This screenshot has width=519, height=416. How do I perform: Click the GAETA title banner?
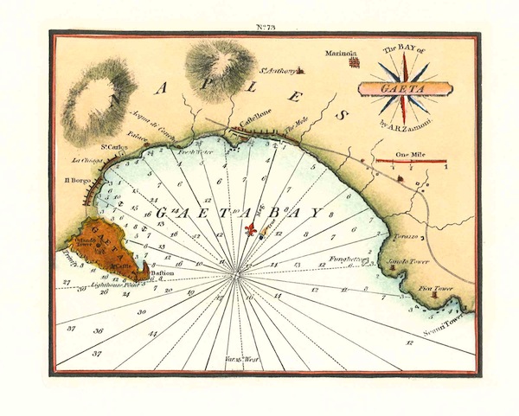coord(404,86)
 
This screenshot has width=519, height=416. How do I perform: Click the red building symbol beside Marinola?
coord(352,61)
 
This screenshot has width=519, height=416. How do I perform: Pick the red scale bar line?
coord(411,161)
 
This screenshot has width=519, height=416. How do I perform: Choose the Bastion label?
coord(163,274)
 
